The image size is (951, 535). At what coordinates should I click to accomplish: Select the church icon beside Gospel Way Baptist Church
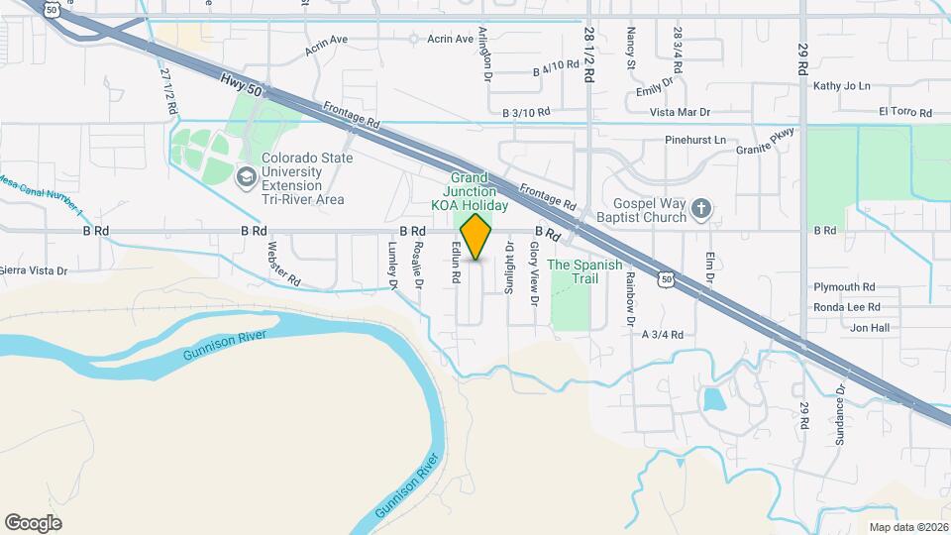click(x=701, y=208)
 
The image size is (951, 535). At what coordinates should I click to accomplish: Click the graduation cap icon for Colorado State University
click(x=245, y=176)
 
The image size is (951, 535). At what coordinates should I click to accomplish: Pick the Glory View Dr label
click(x=534, y=272)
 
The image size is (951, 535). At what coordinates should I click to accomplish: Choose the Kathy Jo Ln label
click(x=841, y=86)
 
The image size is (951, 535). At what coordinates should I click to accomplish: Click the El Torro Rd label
click(x=905, y=113)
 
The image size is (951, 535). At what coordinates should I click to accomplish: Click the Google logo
click(x=34, y=522)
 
